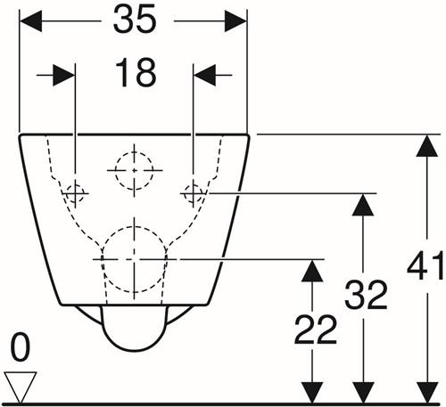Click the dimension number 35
coord(135,20)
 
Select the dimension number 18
coord(136,73)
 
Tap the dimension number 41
coord(425,265)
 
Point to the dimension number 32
coord(366,295)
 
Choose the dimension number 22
coord(316,330)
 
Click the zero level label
coord(21,347)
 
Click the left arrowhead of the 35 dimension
coord(30,21)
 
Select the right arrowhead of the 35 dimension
coord(235,21)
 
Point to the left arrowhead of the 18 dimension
coord(63,75)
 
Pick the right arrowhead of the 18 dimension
coord(204,75)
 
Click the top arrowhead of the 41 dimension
coord(427,146)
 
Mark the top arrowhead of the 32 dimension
coord(363,205)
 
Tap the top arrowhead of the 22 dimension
coord(312,271)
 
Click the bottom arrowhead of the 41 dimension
coord(427,393)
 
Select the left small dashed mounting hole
coord(75,193)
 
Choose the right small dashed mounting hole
coord(194,193)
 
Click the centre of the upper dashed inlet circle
coord(135,170)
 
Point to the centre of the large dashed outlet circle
coord(135,259)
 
